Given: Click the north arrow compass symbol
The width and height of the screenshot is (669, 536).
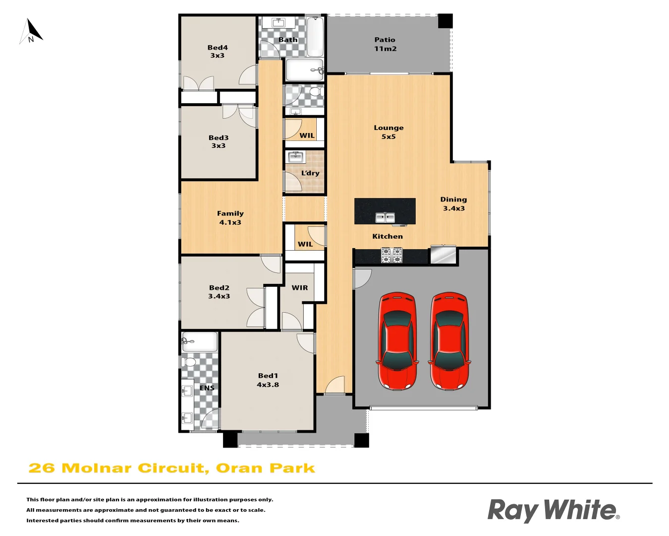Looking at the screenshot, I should [x=31, y=31].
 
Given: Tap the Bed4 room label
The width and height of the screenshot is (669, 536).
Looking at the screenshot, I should [x=218, y=52].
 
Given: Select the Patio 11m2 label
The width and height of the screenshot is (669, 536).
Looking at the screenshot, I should [x=385, y=44].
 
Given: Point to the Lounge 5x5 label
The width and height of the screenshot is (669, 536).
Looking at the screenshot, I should [x=389, y=132].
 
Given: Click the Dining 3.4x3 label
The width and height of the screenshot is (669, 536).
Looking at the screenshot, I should [x=453, y=204].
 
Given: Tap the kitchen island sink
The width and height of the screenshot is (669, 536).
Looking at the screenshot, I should [x=385, y=217].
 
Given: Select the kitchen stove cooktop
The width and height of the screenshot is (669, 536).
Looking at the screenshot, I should [x=391, y=255].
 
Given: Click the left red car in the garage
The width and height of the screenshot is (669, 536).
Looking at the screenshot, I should [x=397, y=340].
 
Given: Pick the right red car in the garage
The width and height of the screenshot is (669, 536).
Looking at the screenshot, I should [x=449, y=340].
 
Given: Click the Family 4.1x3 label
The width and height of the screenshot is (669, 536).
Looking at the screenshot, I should [x=230, y=218].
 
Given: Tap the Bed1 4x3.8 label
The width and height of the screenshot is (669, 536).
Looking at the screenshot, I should [x=268, y=380].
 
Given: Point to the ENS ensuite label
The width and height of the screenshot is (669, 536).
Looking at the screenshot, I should [x=207, y=388].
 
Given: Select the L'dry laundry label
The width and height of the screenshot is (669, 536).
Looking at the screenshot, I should [x=310, y=173].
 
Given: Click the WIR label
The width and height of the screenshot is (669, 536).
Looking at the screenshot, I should [x=300, y=288].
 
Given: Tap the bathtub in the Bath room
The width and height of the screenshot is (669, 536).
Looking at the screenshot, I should [x=315, y=37].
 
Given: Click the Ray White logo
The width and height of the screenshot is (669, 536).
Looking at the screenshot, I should [x=554, y=510].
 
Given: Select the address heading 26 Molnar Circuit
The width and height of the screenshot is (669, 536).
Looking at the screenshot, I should [x=171, y=469].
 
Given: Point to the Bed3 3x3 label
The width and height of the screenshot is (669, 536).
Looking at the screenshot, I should [x=219, y=142].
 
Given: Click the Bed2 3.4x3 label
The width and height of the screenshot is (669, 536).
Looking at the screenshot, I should [x=219, y=292].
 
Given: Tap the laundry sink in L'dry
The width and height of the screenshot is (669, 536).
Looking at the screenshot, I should [x=296, y=157].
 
